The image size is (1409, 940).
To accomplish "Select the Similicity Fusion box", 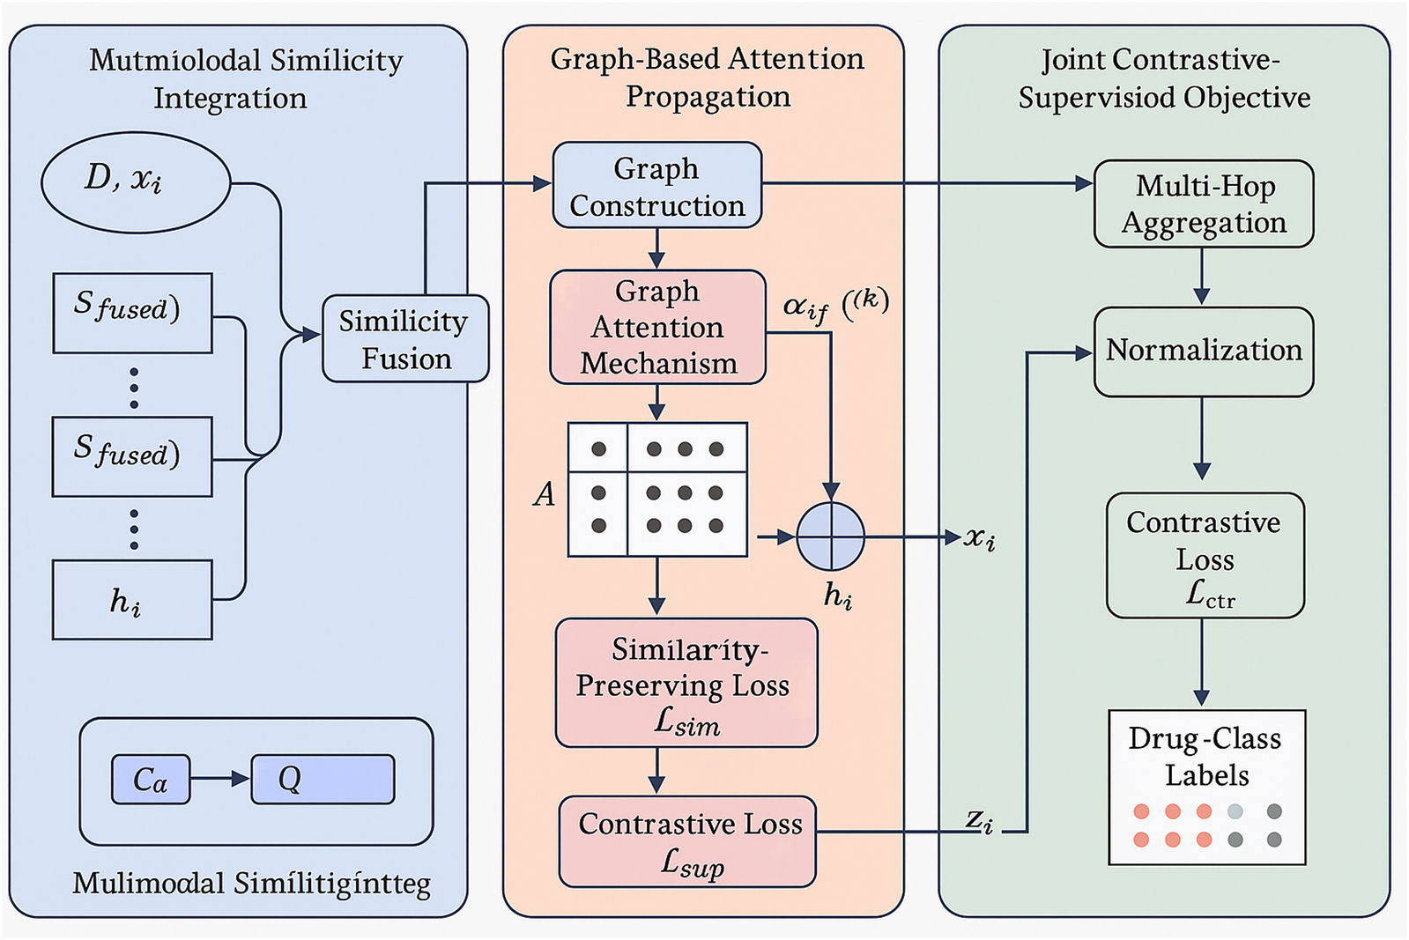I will pos(405,339).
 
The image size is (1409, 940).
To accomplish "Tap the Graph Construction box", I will pos(656,186).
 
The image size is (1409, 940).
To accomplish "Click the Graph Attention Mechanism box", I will pos(657,327).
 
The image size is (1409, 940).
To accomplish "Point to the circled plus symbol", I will pos(830,537).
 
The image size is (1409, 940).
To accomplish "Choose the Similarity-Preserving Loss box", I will pos(686,684).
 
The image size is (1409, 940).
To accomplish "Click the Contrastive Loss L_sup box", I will pos(687,842).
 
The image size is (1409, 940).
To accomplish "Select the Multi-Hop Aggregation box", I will pos(1203,204).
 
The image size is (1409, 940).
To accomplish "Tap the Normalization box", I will pos(1203,352).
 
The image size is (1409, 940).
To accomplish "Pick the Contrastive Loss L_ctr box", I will pos(1205,556).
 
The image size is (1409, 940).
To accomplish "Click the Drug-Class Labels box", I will pos(1206,787).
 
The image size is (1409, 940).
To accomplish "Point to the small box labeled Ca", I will pos(151,780).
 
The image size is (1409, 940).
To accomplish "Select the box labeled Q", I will pos(323,780).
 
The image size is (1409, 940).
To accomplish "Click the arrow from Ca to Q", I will pos(220,779).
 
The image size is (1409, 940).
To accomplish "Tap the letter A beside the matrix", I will pos(545,494).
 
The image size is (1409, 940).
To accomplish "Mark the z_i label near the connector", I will pos(978,821).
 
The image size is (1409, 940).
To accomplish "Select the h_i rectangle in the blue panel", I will pos(132,600).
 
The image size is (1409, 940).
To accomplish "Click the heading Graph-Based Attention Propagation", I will pos(707,78).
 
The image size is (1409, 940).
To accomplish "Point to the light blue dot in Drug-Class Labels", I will pos(1235,811).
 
